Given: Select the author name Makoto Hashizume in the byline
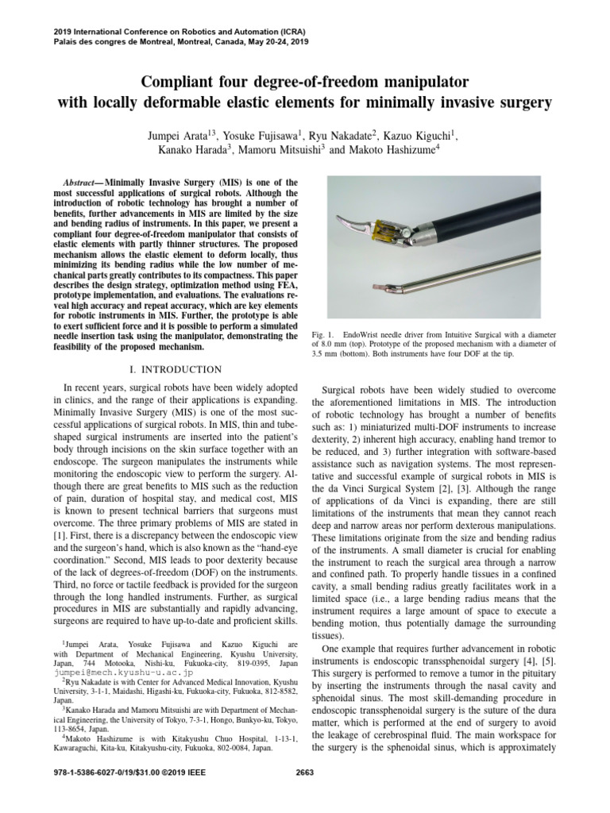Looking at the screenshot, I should (x=395, y=148).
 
